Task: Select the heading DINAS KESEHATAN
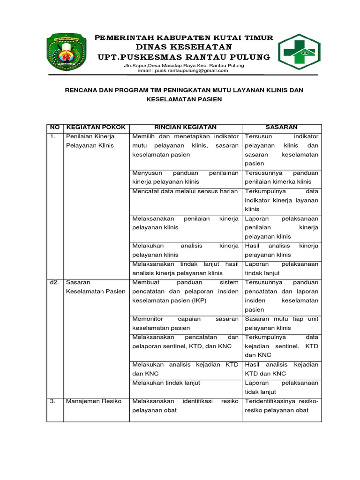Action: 183,47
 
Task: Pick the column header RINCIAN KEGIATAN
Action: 185,127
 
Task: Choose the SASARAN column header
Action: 281,127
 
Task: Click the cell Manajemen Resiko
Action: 94,401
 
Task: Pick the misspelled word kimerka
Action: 284,182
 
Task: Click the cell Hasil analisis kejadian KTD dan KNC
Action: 281,369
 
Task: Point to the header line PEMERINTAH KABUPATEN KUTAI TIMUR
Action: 184,37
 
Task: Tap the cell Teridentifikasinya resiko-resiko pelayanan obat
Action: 281,405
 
